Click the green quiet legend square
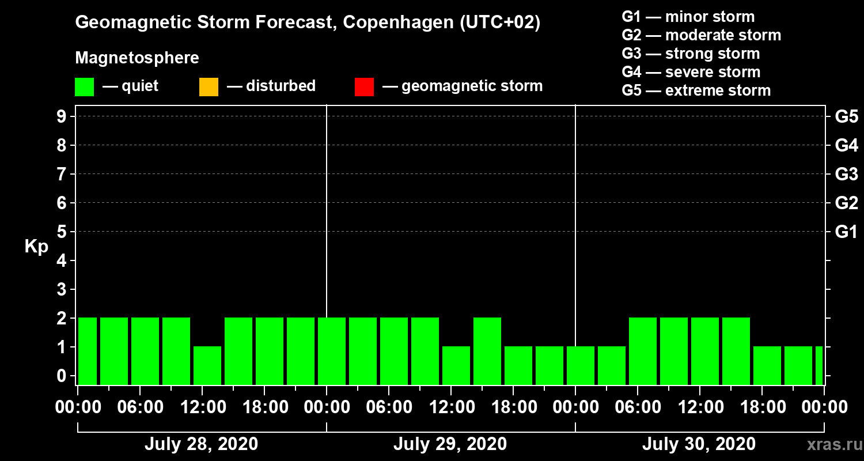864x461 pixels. click(84, 86)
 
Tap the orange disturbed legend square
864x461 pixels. click(209, 86)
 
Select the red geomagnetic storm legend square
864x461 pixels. click(364, 86)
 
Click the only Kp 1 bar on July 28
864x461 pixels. click(207, 365)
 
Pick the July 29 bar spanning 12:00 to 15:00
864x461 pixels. click(456, 365)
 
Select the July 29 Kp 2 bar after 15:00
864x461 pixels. click(487, 351)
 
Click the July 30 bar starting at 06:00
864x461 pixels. click(643, 351)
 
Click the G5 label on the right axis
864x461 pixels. click(846, 116)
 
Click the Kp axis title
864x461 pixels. click(36, 247)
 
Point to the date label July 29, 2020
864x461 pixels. click(450, 444)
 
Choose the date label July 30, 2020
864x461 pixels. click(699, 444)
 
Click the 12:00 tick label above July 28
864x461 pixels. click(203, 407)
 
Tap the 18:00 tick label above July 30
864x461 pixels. click(761, 407)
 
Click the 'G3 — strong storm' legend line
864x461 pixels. click(691, 54)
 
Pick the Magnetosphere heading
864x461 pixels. click(137, 58)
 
